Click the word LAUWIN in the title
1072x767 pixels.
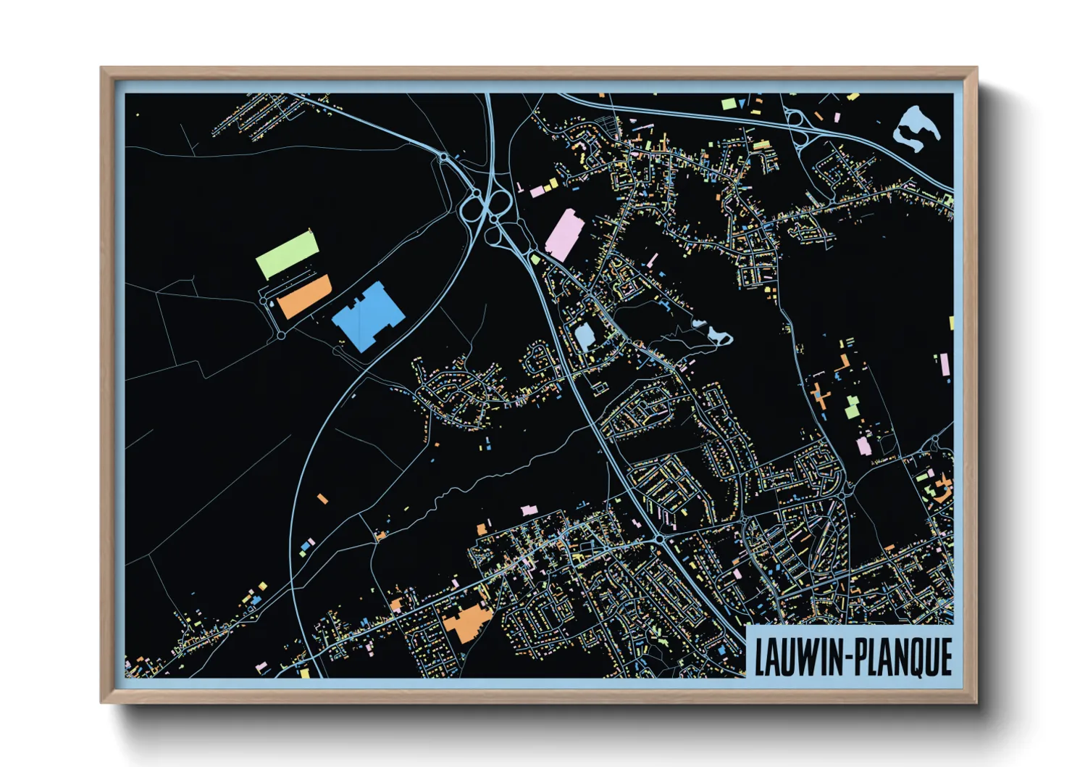click(797, 658)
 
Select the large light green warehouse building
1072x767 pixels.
click(288, 254)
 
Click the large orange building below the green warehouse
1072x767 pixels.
click(306, 297)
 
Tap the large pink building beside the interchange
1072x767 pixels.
click(564, 234)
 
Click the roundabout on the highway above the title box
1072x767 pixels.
click(659, 540)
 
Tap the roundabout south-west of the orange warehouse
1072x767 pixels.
click(281, 336)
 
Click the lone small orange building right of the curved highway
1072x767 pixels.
click(322, 499)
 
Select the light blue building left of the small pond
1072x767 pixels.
click(584, 336)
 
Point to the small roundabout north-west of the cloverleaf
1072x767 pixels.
click(443, 156)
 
